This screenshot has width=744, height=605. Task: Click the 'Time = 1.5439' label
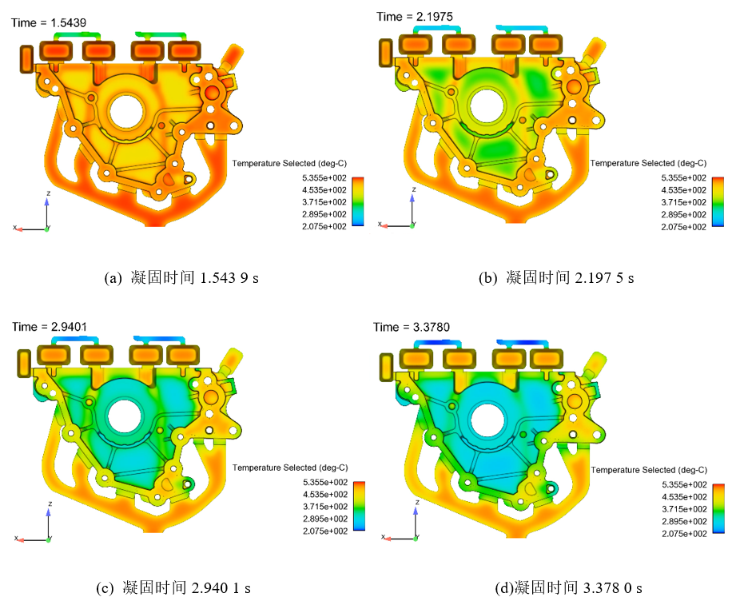[49, 22]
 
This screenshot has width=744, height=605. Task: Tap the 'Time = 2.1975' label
[415, 17]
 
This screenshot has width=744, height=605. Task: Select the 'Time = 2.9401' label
[50, 327]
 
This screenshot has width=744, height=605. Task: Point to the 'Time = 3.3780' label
[412, 327]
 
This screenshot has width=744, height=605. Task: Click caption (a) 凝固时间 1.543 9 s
[181, 277]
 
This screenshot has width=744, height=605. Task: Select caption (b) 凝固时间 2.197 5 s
[556, 277]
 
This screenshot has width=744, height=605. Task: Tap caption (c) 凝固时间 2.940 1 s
[173, 588]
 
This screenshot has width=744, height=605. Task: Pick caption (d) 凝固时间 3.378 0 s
[568, 588]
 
